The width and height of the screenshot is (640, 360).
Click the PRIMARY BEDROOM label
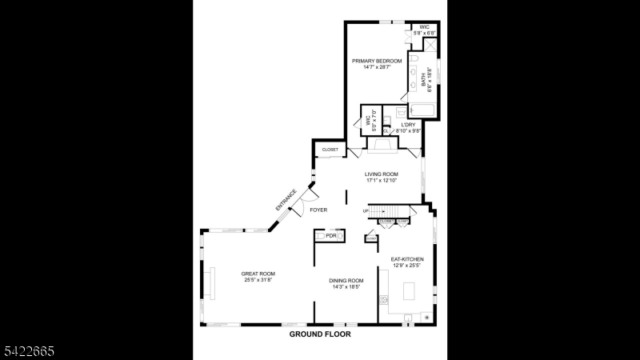tap(377, 61)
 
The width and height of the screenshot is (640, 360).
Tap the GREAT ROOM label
tap(258, 274)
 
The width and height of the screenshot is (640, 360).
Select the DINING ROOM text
tap(346, 281)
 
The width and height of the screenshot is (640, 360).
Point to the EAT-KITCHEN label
tap(407, 259)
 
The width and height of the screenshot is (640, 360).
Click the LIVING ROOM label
tap(381, 174)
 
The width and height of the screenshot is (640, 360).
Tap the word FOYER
tap(318, 210)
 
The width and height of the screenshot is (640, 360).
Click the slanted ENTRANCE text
tap(286, 200)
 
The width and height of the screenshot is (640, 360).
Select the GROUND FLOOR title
tap(320, 334)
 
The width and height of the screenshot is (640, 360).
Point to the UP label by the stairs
tap(366, 211)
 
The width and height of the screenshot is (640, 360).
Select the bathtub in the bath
tap(423, 110)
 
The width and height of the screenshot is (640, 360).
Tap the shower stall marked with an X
tap(430, 46)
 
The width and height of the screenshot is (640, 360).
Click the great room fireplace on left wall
tap(211, 282)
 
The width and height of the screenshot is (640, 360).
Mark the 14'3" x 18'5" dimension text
tap(346, 287)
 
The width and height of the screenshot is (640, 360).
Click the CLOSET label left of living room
tap(330, 150)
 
